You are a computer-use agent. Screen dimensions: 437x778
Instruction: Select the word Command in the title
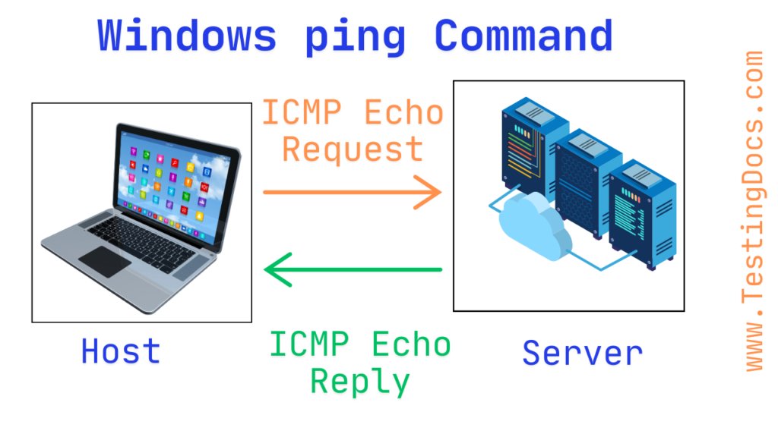[523, 35]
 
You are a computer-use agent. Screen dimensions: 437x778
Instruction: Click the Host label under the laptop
[121, 351]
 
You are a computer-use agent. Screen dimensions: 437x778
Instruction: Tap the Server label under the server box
[582, 353]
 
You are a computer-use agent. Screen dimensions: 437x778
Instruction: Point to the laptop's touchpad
[104, 260]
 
